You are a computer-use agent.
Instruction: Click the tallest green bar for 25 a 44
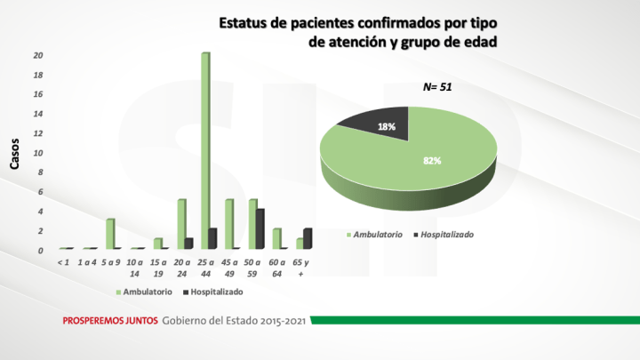coord(205,151)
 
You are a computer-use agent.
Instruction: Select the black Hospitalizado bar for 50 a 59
coord(260,228)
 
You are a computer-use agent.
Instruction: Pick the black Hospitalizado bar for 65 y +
coord(308,238)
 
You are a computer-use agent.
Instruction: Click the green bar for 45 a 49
coord(229,224)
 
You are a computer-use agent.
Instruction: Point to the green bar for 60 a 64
coord(276,238)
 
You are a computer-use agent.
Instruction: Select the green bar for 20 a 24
coord(181,224)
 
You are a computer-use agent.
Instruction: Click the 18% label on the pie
coord(387,127)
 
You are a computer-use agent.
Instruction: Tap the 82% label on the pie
coord(432,161)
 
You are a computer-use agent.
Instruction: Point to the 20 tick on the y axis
coord(38,55)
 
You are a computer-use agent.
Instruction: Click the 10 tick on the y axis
coord(38,153)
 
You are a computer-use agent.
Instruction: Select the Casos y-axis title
coord(15,153)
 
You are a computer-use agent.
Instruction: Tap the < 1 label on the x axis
coord(62,262)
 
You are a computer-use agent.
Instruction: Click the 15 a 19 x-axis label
coord(158,268)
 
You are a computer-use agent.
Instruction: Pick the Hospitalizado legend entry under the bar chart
coord(212,292)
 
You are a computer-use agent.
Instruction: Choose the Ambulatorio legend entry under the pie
coord(379,235)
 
